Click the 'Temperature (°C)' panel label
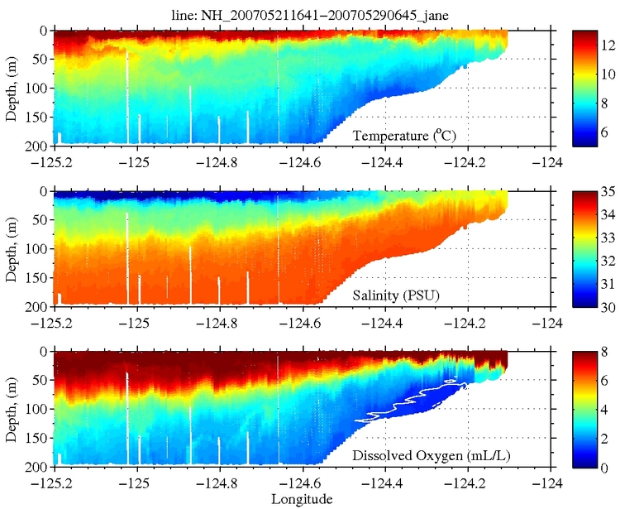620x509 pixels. coord(405,135)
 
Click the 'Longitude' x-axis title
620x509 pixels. coord(302,499)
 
